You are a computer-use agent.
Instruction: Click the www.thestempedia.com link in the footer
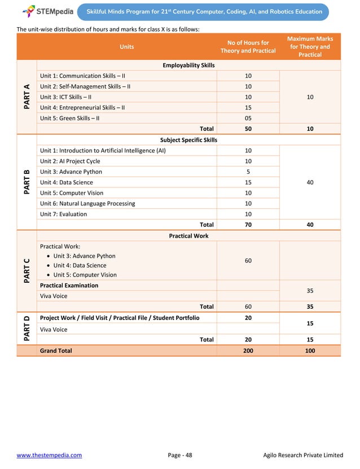coord(49,455)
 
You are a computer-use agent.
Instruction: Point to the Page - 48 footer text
coord(180,455)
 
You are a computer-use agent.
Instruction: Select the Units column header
coord(127,47)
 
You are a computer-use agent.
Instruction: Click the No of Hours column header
coord(248,47)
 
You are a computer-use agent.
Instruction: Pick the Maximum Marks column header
coord(310,47)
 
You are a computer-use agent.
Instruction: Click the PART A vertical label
coord(27,97)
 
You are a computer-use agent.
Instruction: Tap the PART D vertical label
coord(27,328)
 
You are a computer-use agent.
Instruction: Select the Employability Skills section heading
coord(188,65)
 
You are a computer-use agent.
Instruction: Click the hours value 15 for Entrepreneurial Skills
coord(248,108)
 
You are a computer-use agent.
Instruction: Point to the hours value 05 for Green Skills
coord(248,119)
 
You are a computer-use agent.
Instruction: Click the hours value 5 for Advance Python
coord(248,172)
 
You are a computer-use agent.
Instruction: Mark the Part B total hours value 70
coord(248,225)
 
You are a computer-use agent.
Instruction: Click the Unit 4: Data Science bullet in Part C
coord(80,265)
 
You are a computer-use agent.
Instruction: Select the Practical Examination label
coord(69,286)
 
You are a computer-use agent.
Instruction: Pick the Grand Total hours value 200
coord(248,350)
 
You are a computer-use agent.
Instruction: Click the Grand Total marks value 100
coord(310,350)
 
